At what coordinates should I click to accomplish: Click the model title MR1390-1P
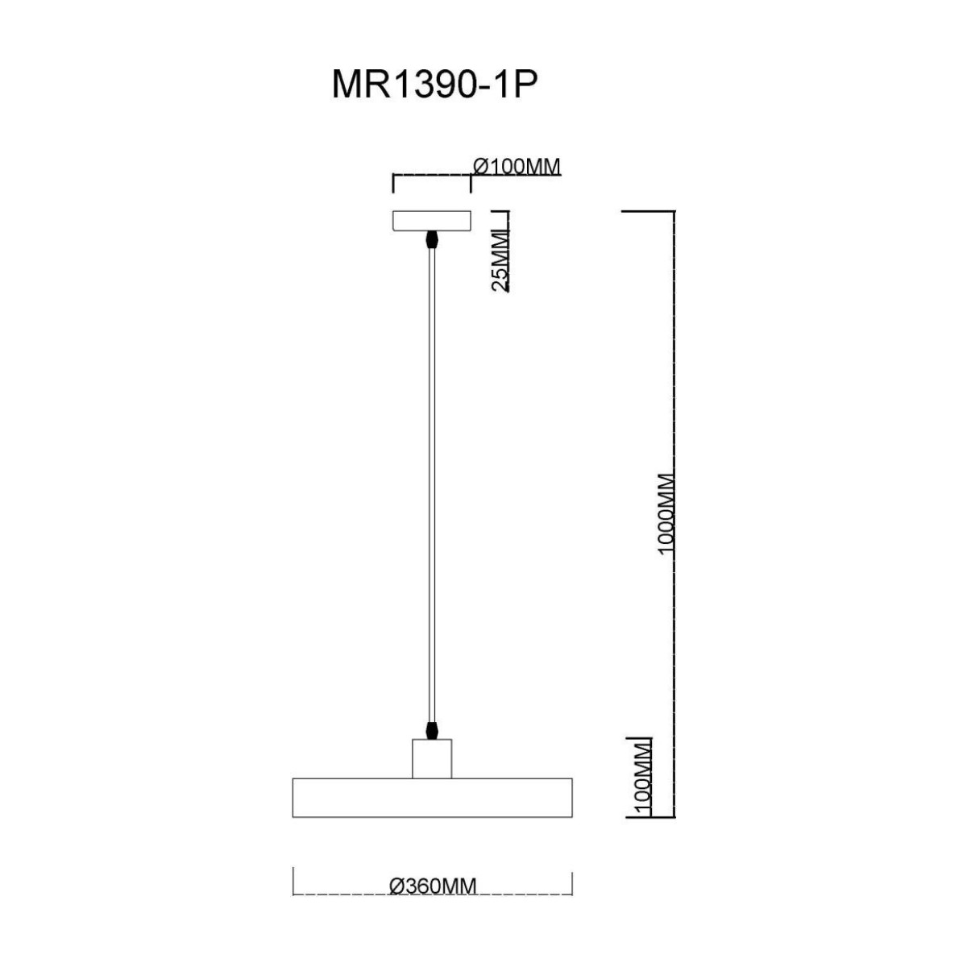(434, 85)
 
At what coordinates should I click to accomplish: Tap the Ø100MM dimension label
(517, 167)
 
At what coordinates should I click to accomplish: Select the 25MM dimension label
(500, 259)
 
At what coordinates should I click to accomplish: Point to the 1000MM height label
(666, 514)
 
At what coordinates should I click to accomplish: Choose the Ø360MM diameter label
(433, 886)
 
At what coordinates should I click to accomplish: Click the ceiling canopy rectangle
(431, 221)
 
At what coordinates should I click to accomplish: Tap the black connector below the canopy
(432, 240)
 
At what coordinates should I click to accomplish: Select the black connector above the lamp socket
(433, 729)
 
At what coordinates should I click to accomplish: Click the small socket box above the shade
(432, 759)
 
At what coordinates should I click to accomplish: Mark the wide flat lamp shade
(432, 798)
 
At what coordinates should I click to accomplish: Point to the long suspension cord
(432, 483)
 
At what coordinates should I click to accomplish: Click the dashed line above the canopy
(431, 175)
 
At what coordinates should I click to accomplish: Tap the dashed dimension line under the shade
(347, 894)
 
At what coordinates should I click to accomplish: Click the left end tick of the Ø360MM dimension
(293, 881)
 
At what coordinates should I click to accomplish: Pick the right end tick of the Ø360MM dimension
(572, 882)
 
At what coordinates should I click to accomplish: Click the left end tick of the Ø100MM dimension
(392, 184)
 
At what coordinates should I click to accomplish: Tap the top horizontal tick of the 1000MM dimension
(648, 211)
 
